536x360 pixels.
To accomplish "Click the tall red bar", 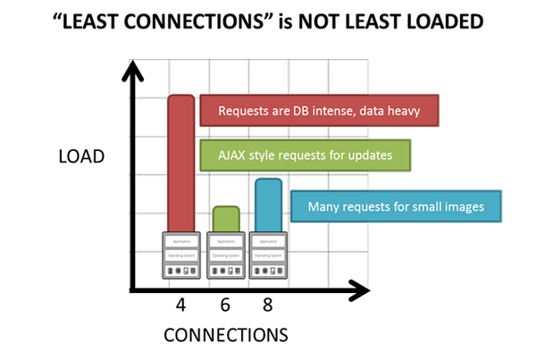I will (x=180, y=161).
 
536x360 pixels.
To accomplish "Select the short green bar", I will (x=226, y=219).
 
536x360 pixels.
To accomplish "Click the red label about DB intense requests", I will (x=320, y=111).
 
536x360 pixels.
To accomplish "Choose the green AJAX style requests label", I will (x=306, y=155).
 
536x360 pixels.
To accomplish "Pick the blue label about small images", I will (x=397, y=207).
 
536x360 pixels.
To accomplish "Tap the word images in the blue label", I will (x=462, y=207).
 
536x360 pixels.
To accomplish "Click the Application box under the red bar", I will (x=180, y=242).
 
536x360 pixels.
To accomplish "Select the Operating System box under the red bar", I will (x=180, y=255).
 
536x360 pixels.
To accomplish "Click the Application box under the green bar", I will (x=225, y=242).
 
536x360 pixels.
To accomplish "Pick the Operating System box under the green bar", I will (x=225, y=255).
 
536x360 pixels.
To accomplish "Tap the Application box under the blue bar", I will (x=268, y=242).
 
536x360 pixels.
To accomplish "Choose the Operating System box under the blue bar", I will (x=268, y=255).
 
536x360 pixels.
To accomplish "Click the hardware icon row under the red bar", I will (x=180, y=270).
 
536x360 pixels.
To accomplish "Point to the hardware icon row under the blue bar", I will (x=268, y=270).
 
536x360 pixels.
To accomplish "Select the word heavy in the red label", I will (x=417, y=111).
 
